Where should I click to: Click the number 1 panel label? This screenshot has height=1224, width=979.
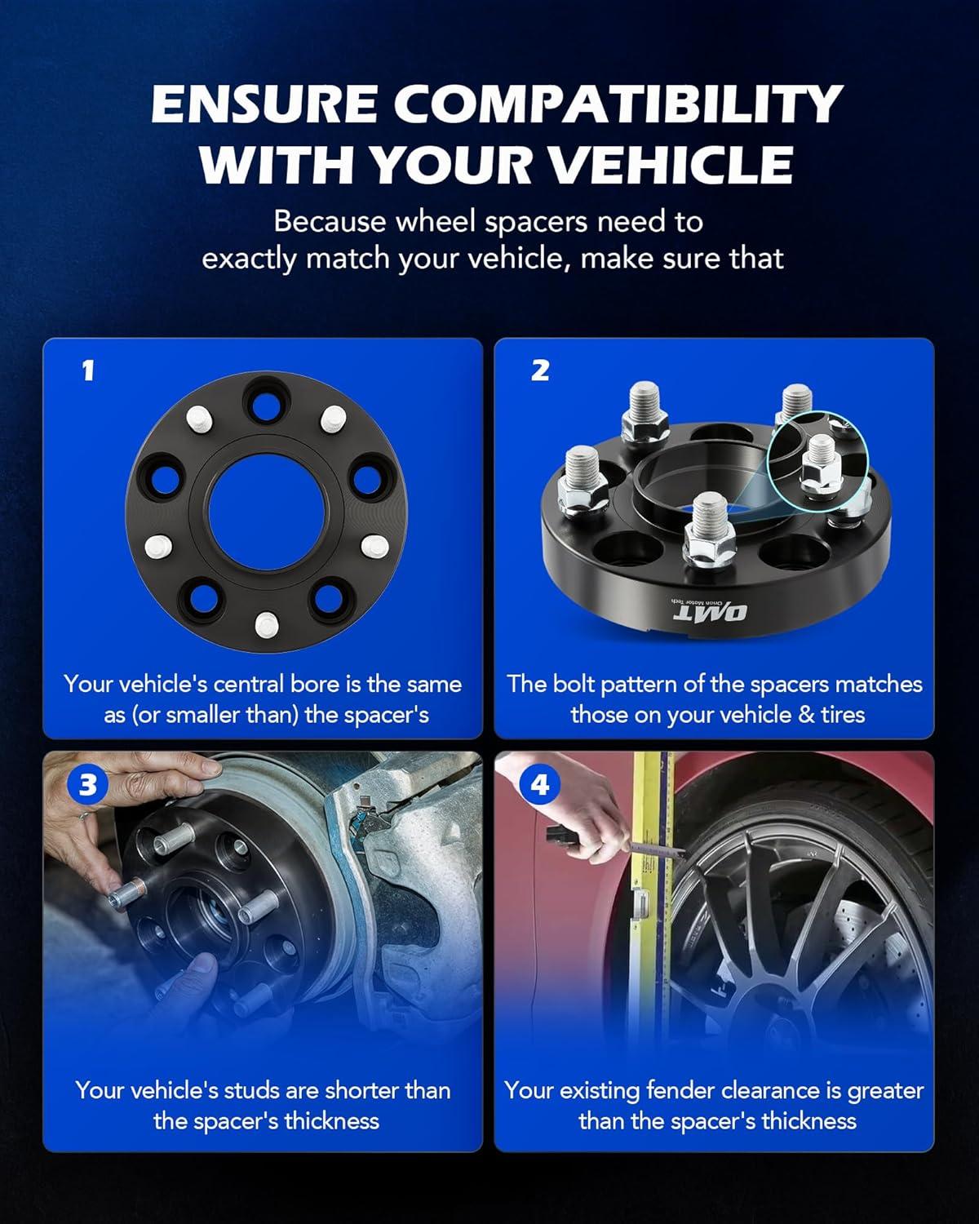click(87, 370)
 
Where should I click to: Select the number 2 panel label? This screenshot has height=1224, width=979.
click(540, 370)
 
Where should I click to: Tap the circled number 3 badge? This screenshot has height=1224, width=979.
click(87, 785)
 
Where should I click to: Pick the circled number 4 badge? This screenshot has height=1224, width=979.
click(539, 785)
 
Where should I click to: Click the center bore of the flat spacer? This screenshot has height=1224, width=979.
click(266, 512)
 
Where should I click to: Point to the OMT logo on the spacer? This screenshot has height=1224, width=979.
click(710, 612)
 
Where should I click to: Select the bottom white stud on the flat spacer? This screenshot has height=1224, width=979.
click(266, 624)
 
